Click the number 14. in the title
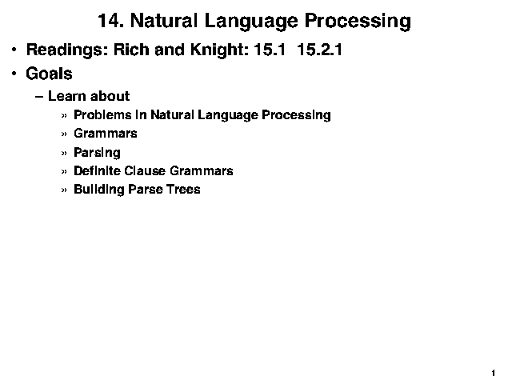[x=110, y=21]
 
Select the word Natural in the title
[x=164, y=21]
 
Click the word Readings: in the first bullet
[x=67, y=50]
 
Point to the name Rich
[x=131, y=50]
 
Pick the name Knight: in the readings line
[x=219, y=50]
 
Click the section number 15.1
[x=270, y=50]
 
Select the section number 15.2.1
[x=319, y=50]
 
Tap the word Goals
[x=49, y=74]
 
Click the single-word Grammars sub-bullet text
[x=106, y=134]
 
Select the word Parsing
[x=97, y=153]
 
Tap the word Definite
[x=97, y=170]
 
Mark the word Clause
[x=145, y=170]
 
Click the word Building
[x=99, y=190]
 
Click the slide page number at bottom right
[x=493, y=373]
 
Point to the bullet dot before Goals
[x=14, y=74]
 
